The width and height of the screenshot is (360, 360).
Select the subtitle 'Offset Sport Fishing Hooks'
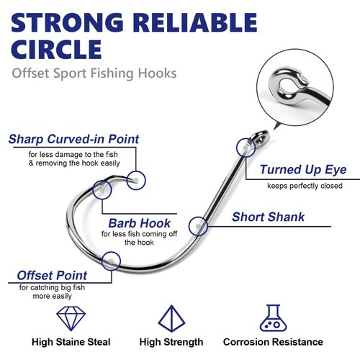pos(94,74)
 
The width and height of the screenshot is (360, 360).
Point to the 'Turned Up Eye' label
pos(303,170)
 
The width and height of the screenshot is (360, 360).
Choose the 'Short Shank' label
pos(268,217)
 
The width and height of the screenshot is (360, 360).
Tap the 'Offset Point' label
pos(53,276)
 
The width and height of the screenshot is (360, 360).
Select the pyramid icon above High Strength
pos(171,318)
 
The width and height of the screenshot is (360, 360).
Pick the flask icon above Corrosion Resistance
pos(273,318)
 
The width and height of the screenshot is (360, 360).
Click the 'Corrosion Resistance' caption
pos(273,342)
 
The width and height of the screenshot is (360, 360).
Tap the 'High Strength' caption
pos(171,342)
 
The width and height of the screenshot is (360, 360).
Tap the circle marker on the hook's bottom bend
pos(110,261)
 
